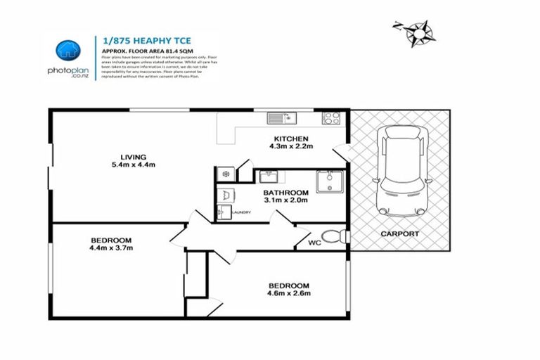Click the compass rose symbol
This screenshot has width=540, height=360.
419,31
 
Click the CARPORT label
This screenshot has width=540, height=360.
399,233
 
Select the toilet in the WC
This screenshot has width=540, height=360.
331,236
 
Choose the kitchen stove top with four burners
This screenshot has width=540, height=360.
330,117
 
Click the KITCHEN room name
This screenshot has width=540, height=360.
291,139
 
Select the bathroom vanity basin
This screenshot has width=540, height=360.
268,176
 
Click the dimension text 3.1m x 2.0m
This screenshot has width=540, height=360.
285,201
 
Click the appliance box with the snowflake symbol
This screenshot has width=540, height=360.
226,173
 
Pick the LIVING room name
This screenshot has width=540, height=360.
133,157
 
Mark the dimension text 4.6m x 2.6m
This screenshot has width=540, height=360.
289,293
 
